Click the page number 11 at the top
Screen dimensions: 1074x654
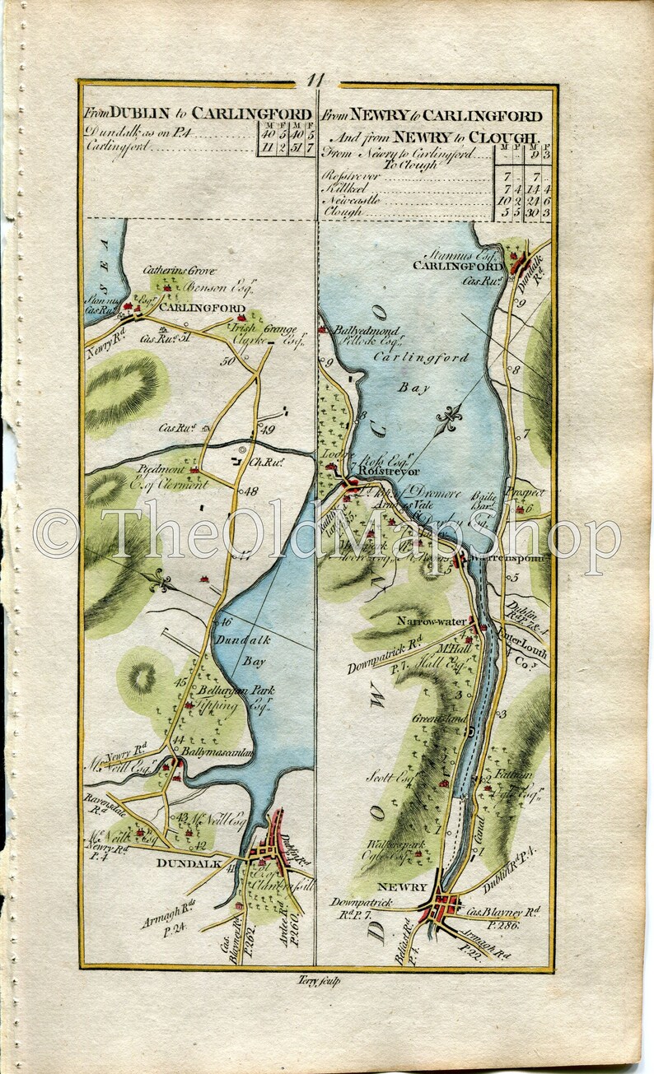[317, 81]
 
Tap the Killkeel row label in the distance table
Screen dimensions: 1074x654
[343, 188]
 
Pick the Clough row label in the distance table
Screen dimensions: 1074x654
[343, 212]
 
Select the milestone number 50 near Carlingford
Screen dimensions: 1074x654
[227, 360]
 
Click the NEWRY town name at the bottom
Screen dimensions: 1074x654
[401, 887]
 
